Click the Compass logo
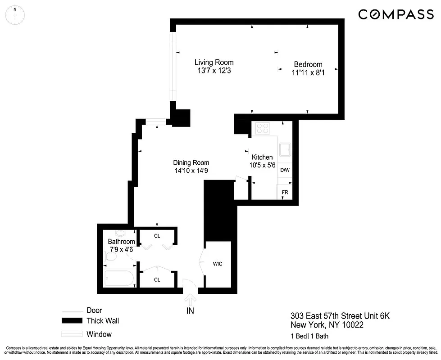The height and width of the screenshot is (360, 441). (396, 14)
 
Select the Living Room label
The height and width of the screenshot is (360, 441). (214, 63)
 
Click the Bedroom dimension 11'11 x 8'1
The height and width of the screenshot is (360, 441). (308, 72)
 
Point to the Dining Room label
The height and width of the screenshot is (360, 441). (191, 163)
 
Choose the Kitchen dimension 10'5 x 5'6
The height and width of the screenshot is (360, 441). (262, 165)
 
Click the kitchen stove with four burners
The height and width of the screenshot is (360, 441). (262, 129)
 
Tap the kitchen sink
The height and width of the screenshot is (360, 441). (285, 149)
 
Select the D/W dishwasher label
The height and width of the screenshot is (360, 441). (285, 170)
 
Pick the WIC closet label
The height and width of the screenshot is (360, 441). (218, 264)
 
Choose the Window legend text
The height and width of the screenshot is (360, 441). (99, 334)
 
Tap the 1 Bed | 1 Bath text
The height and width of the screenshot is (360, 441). (309, 336)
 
